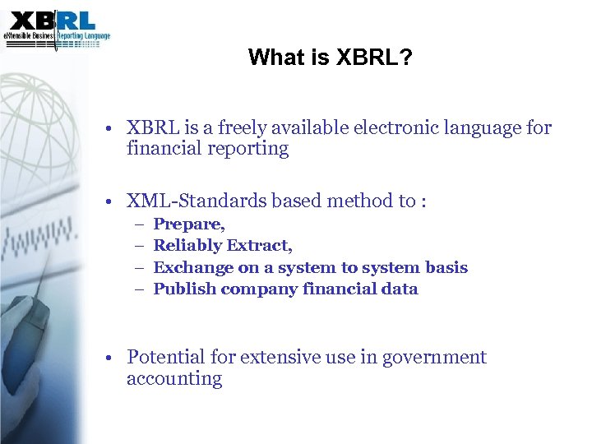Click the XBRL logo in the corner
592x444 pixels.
(56, 27)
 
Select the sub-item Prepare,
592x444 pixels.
(189, 224)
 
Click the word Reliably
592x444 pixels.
(187, 245)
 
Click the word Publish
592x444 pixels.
(185, 289)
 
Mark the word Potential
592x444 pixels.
(165, 357)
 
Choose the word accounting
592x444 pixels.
(174, 379)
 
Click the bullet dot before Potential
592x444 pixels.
(109, 358)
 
